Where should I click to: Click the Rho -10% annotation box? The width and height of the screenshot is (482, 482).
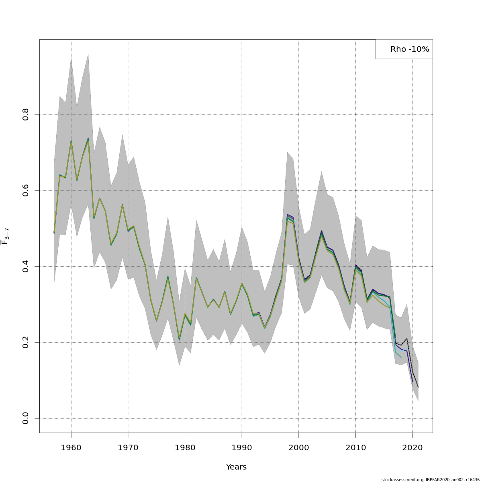pos(404,49)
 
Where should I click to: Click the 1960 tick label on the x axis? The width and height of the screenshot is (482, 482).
pos(71,448)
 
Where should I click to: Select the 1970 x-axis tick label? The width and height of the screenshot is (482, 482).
pos(128,448)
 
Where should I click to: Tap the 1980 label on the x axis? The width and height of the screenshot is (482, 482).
pos(185,448)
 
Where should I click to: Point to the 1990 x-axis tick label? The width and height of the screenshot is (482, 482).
pos(242,448)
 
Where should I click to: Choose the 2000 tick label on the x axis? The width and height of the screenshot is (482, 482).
pos(298,448)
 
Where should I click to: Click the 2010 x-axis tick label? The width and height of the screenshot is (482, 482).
pos(355,448)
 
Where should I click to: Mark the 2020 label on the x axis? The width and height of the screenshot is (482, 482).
pos(413,448)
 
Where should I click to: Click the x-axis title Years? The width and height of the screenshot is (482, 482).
pos(236,467)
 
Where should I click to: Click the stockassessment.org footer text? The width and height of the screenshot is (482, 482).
pos(430,480)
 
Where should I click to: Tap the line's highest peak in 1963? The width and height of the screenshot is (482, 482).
pos(88,139)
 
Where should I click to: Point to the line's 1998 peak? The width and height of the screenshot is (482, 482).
pos(287,216)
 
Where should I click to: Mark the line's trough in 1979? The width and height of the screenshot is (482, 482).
pos(179,339)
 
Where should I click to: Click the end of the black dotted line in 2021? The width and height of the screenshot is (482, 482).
pos(418,387)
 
